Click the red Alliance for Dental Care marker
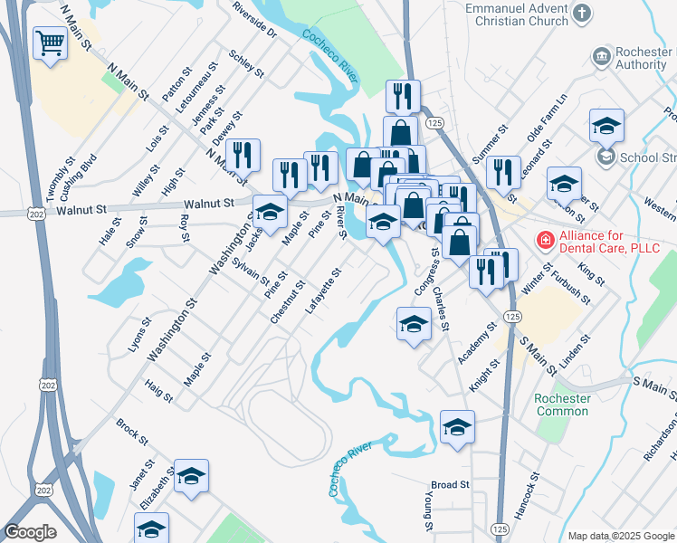click(x=545, y=240)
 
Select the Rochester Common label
click(x=562, y=405)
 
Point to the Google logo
click(x=29, y=532)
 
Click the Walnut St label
click(x=209, y=205)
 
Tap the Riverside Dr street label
click(x=253, y=18)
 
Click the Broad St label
click(x=450, y=485)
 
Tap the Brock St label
click(x=132, y=430)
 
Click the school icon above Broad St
click(x=457, y=427)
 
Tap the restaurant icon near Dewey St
click(x=243, y=154)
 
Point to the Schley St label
click(x=247, y=63)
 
